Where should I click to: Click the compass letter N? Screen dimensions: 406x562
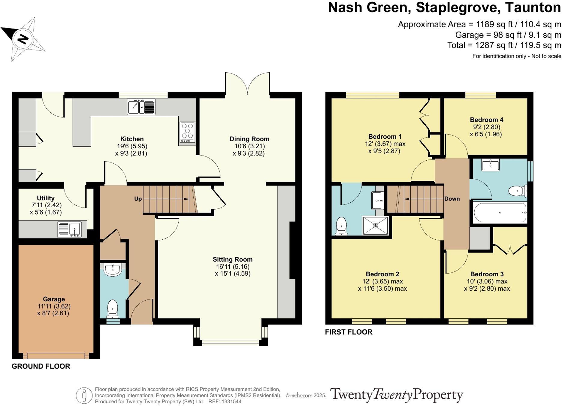(23, 39)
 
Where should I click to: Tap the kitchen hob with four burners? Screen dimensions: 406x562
(187, 132)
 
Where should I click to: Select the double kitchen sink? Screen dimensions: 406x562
(141, 107)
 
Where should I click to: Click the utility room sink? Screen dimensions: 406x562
(70, 230)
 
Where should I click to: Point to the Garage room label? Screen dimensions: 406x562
(54, 299)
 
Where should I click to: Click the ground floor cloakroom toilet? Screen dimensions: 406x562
(113, 308)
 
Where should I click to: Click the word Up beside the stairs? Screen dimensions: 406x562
(138, 199)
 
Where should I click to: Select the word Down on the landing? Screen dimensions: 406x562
(452, 199)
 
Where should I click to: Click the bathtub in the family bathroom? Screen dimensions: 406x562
(500, 212)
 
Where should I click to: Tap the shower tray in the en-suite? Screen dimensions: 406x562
(375, 225)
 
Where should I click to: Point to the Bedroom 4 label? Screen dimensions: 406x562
(486, 120)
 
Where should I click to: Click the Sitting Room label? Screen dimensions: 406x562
(232, 259)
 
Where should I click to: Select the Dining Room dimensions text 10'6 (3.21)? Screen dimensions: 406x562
(249, 146)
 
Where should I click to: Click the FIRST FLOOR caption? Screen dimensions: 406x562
(349, 332)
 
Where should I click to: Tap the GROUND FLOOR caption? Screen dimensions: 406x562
(41, 366)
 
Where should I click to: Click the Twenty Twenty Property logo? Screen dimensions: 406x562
(396, 395)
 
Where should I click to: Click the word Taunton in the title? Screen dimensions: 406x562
(533, 8)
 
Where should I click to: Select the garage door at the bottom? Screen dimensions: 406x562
(56, 356)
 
